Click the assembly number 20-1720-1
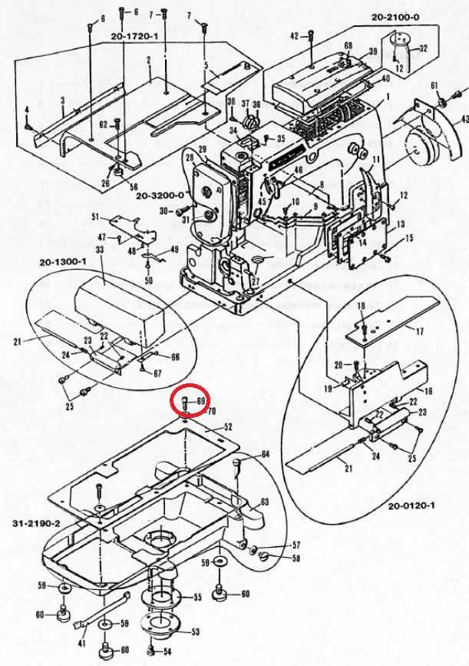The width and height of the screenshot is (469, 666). [134, 36]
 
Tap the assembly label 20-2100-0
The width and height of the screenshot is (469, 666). [395, 16]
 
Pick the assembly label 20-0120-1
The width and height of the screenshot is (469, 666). [411, 506]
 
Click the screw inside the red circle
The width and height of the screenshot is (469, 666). [186, 402]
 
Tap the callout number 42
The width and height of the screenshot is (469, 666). [294, 36]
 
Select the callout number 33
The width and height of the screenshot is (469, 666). [100, 250]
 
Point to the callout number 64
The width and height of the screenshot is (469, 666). [265, 455]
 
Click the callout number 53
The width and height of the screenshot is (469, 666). [195, 632]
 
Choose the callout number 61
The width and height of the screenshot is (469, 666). [434, 84]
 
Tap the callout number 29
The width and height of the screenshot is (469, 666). [203, 148]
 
